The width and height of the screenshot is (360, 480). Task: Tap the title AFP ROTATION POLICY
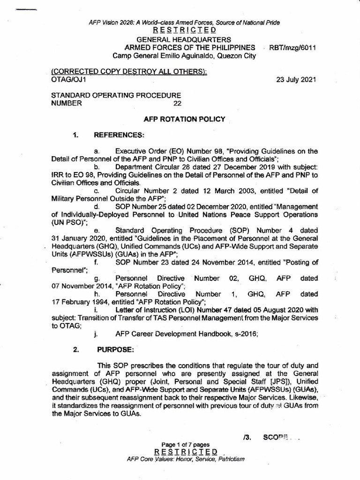click(x=184, y=119)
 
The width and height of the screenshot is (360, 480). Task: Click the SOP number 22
click(x=177, y=103)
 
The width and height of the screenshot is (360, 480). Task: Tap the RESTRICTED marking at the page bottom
click(x=186, y=451)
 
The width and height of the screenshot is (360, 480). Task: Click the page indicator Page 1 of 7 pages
click(x=186, y=444)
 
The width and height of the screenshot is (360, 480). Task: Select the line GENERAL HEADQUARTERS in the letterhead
click(x=184, y=40)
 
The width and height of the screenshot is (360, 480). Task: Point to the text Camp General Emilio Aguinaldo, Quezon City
click(x=184, y=56)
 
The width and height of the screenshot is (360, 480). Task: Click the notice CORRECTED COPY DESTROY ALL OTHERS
click(x=129, y=71)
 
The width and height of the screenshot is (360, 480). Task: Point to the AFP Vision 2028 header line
click(x=184, y=22)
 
